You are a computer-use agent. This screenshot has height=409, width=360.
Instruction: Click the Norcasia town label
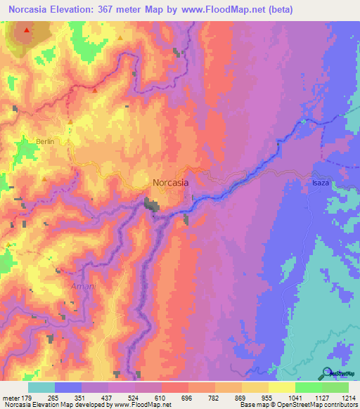pyautogui.click(x=170, y=182)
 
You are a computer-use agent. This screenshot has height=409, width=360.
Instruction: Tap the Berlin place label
pyautogui.click(x=45, y=141)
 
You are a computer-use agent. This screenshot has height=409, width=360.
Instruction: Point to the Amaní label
pyautogui.click(x=82, y=287)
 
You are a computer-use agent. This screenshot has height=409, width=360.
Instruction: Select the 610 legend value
pyautogui.click(x=162, y=398)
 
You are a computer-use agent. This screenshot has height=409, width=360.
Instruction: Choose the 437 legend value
pyautogui.click(x=108, y=398)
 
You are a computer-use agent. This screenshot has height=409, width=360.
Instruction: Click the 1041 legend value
pyautogui.click(x=295, y=398)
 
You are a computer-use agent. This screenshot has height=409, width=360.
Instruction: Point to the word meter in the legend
pyautogui.click(x=10, y=398)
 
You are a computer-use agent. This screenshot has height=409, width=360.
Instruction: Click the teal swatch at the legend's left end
pyautogui.click(x=41, y=387)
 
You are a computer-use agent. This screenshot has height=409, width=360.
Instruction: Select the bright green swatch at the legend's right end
pyautogui.click(x=335, y=387)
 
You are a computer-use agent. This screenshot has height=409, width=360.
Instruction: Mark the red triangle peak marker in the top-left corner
pyautogui.click(x=27, y=31)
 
